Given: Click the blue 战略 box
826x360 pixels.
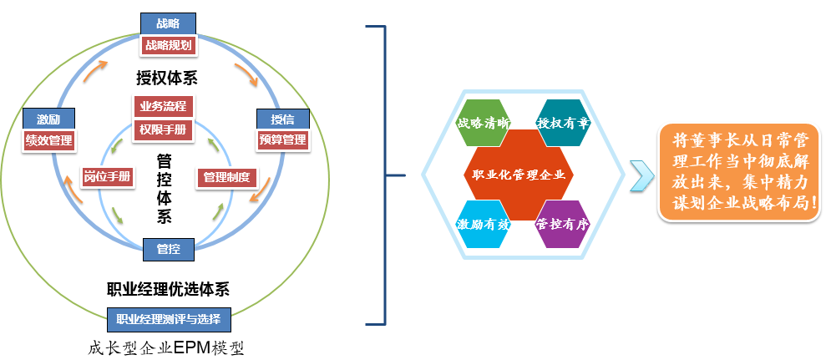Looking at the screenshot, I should click(169, 23).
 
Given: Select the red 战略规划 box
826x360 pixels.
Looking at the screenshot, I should click(169, 45).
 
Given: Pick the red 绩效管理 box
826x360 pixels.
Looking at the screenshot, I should click(48, 139).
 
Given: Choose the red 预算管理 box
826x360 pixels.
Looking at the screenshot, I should click(282, 139).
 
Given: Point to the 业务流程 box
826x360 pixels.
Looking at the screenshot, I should click(163, 106).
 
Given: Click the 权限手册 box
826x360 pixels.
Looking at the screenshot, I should click(163, 129).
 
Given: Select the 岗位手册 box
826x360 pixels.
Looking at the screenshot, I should click(108, 176).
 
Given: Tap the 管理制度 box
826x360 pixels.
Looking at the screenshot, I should click(226, 176).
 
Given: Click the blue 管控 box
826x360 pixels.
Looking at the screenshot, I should click(168, 248).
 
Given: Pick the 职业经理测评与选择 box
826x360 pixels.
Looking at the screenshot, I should click(169, 319).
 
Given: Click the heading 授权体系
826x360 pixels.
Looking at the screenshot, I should click(172, 78).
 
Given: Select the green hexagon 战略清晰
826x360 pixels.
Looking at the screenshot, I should click(483, 123).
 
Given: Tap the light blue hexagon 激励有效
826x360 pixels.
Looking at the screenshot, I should click(483, 224).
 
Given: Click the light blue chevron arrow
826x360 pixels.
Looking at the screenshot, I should click(641, 174).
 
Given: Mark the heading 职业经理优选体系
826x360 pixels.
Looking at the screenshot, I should click(169, 290).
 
